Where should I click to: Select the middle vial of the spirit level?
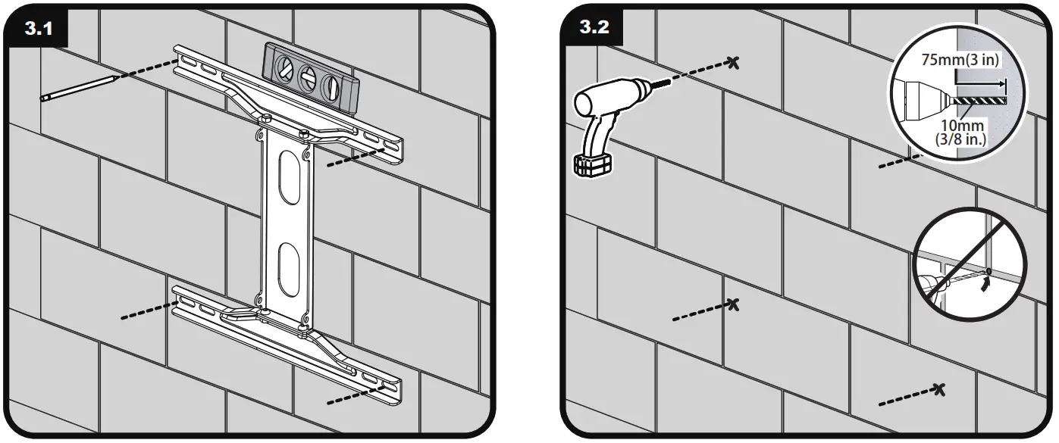point(309,77)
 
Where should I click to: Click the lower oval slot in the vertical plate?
point(287,269)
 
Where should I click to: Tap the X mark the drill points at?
point(732,61)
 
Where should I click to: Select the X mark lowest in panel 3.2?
point(940,389)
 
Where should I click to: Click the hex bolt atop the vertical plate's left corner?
point(266,118)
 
